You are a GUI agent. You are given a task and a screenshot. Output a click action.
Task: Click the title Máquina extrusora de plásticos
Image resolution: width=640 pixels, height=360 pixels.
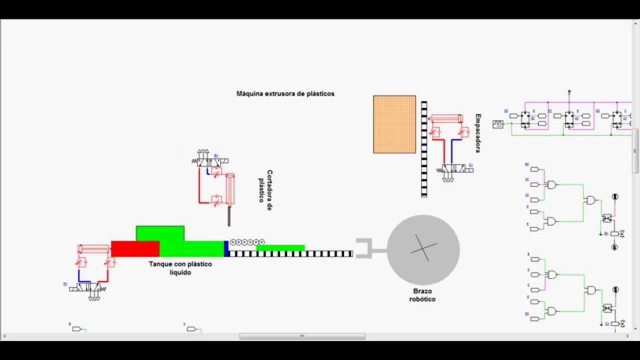(285, 93)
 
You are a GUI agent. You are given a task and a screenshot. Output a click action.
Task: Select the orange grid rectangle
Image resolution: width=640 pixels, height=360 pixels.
(394, 124)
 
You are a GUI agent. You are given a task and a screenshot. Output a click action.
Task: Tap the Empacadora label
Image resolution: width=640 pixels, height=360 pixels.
(477, 132)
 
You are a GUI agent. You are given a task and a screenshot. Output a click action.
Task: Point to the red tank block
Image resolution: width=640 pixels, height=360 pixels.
(135, 248)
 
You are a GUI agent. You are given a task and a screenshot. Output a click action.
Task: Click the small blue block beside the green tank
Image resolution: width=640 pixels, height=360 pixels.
(226, 248)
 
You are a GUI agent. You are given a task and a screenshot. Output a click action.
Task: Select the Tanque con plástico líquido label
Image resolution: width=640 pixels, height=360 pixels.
(180, 268)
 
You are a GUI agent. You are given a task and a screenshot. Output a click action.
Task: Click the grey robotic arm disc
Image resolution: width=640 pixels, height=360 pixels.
(423, 250)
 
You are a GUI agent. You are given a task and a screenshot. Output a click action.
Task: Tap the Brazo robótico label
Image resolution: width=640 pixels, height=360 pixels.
(422, 295)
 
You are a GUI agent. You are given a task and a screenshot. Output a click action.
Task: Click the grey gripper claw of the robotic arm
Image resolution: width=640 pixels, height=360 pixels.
(364, 248)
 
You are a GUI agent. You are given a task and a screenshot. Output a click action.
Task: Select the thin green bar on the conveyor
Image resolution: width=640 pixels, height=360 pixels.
(280, 247)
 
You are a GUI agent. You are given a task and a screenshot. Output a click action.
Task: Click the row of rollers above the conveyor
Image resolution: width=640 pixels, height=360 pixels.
(246, 242)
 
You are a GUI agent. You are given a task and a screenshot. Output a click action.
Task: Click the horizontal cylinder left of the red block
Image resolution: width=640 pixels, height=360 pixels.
(93, 248)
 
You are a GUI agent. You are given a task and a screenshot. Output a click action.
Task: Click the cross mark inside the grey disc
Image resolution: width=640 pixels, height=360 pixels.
(423, 248)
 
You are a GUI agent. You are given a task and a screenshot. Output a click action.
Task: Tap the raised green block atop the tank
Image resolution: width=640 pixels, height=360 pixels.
(160, 233)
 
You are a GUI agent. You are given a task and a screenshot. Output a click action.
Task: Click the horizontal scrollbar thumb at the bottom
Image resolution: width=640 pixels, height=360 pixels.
(302, 336)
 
